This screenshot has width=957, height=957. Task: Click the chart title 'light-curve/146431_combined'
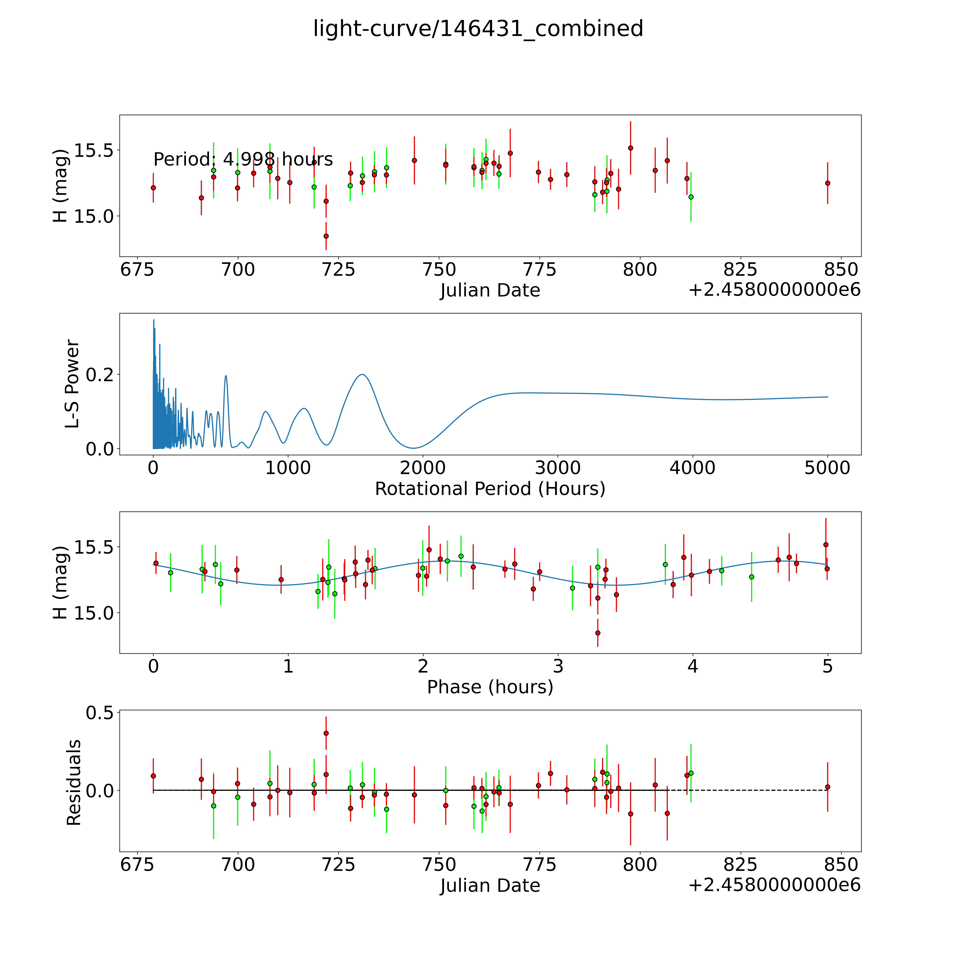pyautogui.click(x=478, y=29)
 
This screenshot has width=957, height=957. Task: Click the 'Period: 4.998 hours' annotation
pyautogui.click(x=243, y=159)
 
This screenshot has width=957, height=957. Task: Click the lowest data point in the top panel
pyautogui.click(x=326, y=236)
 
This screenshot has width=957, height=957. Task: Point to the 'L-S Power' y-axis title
pyautogui.click(x=72, y=384)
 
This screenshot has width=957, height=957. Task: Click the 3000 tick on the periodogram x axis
pyautogui.click(x=558, y=468)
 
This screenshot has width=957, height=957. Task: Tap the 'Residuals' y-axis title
pyautogui.click(x=73, y=783)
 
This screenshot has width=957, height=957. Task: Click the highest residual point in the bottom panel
pyautogui.click(x=326, y=733)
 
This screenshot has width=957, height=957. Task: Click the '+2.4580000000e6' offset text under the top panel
pyautogui.click(x=774, y=290)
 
